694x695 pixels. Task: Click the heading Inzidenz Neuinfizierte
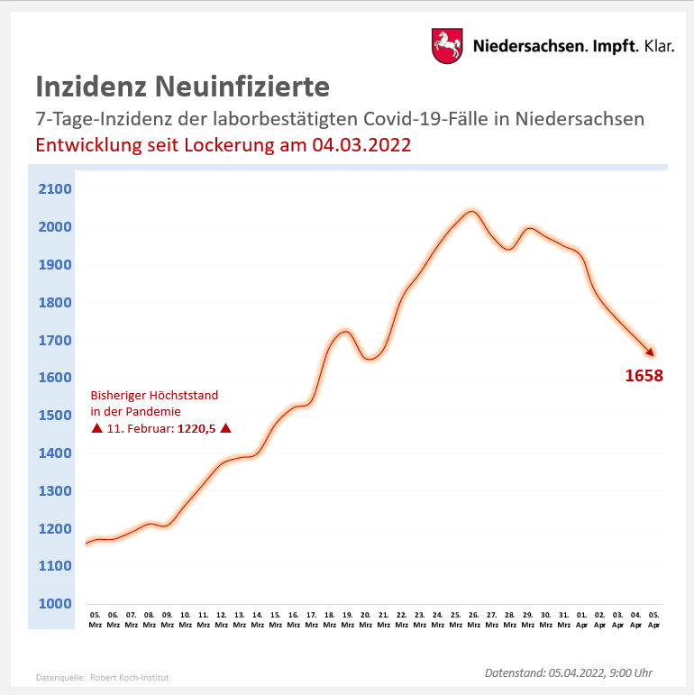[182, 87]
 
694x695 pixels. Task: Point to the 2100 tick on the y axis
[55, 189]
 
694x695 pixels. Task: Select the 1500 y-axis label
[55, 416]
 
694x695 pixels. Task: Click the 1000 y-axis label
[55, 604]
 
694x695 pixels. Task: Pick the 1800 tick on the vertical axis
[55, 303]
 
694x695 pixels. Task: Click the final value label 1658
[644, 376]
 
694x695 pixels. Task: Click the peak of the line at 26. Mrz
[470, 212]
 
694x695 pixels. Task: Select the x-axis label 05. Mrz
[95, 619]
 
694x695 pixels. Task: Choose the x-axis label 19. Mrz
[347, 619]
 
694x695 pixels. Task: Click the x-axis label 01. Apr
[581, 619]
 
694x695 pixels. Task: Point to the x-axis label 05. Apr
[653, 619]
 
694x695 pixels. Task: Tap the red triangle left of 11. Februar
[96, 428]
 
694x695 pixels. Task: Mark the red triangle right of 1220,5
[226, 428]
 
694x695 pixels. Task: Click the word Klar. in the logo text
[659, 46]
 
